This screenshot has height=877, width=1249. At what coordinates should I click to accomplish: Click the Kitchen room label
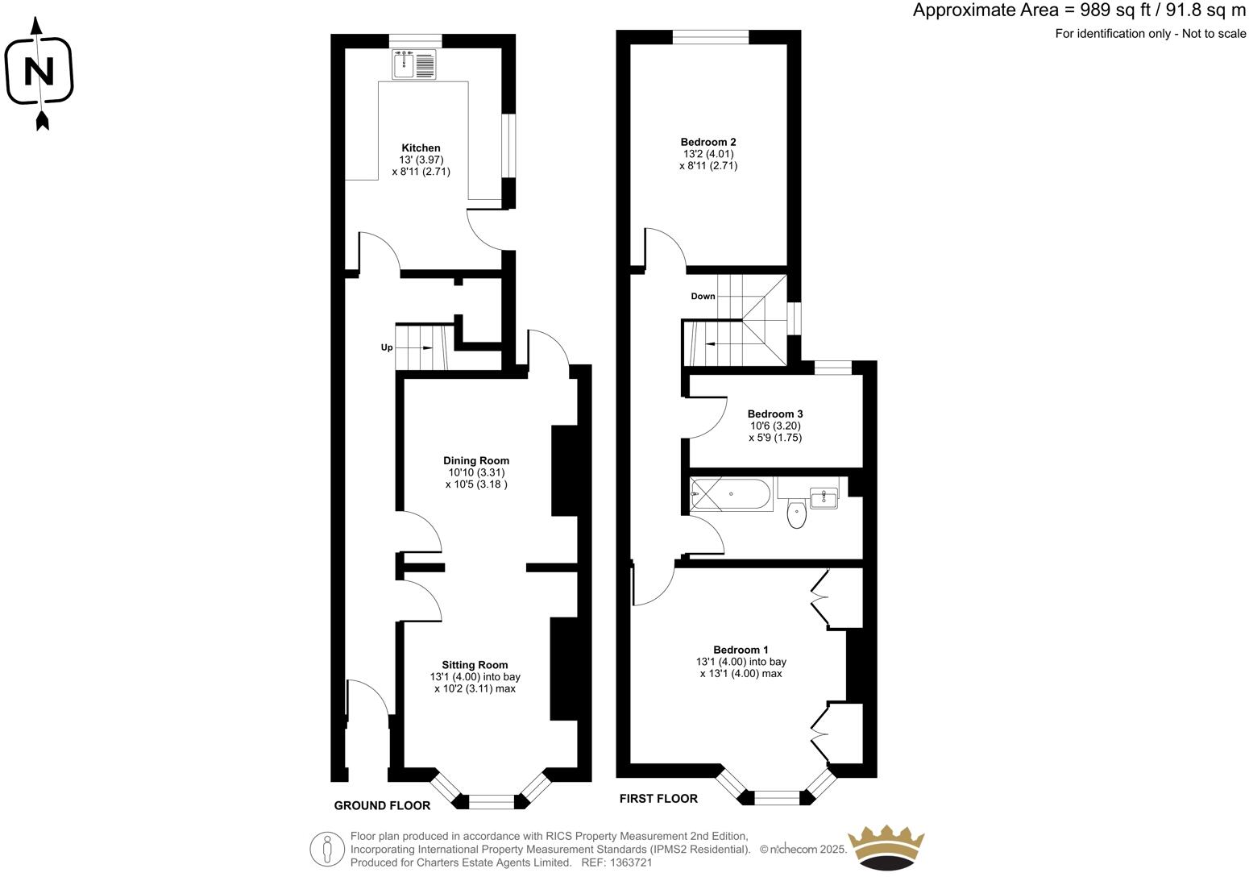421,148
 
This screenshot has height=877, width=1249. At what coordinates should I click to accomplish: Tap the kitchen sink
414,64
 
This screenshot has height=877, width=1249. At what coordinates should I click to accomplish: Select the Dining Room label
475,461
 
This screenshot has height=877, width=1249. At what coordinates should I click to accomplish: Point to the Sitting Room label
475,665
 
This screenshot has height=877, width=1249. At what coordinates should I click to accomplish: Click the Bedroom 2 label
708,142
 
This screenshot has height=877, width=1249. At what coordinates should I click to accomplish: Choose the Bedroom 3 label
775,414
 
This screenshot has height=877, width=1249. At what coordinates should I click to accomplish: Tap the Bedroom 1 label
741,650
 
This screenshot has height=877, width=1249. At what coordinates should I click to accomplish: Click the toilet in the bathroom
797,514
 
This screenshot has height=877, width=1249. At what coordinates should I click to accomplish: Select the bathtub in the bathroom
731,493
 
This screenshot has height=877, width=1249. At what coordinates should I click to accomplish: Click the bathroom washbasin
824,497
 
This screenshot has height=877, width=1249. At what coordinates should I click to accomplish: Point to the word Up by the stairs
387,347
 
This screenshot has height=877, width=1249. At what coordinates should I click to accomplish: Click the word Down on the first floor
703,297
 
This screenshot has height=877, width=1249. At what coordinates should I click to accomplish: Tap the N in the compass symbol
39,73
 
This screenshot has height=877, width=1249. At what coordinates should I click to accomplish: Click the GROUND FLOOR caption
382,805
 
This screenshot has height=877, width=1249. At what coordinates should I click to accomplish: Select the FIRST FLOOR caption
658,799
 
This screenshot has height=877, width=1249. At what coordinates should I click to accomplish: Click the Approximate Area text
1078,10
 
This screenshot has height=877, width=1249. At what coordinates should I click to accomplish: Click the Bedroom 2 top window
710,36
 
